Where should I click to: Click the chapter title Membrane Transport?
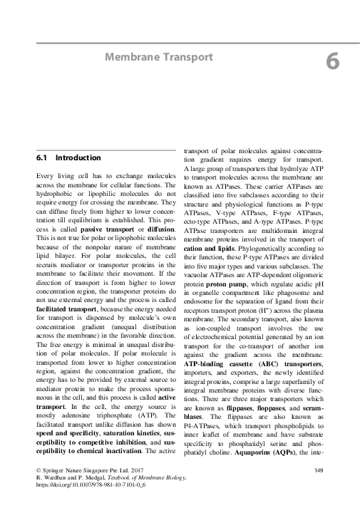coord(159,56)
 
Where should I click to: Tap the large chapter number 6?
coord(332,63)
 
